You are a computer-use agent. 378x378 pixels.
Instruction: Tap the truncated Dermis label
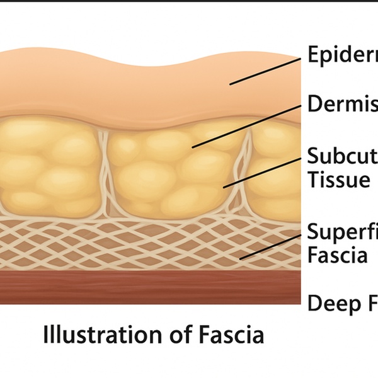(342, 104)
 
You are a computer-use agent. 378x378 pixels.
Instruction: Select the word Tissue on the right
(338, 181)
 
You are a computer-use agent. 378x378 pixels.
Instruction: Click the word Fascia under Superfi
(338, 256)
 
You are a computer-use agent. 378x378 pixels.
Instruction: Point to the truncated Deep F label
(342, 304)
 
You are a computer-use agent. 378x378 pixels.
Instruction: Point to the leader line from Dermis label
(246, 125)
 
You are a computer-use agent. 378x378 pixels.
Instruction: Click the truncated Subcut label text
(342, 156)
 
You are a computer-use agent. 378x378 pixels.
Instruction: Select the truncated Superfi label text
(342, 231)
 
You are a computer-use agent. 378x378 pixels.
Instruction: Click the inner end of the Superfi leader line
(240, 259)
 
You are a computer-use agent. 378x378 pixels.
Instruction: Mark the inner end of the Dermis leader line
(193, 147)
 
